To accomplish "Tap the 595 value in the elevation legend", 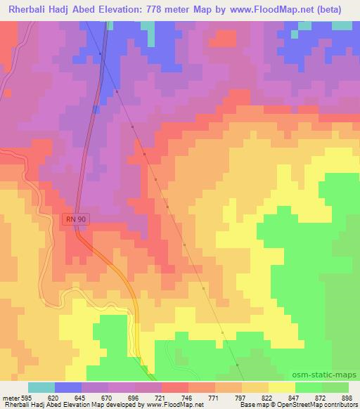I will coord(27,397).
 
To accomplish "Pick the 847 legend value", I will coord(295,397).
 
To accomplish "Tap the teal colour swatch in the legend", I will coord(41,387).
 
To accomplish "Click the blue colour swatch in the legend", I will coord(67,387).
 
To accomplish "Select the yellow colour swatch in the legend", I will coord(281,387).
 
